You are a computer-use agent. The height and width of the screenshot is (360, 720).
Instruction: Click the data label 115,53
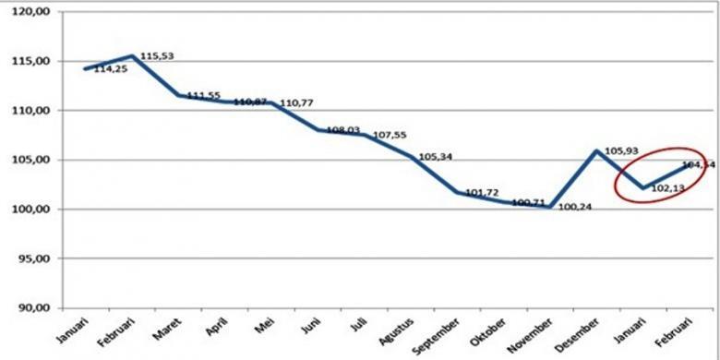point(157,56)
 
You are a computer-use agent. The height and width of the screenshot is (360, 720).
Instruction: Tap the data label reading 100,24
point(575,206)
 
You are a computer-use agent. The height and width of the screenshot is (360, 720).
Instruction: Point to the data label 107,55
point(387,135)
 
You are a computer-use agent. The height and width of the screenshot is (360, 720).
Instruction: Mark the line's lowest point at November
point(550,207)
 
